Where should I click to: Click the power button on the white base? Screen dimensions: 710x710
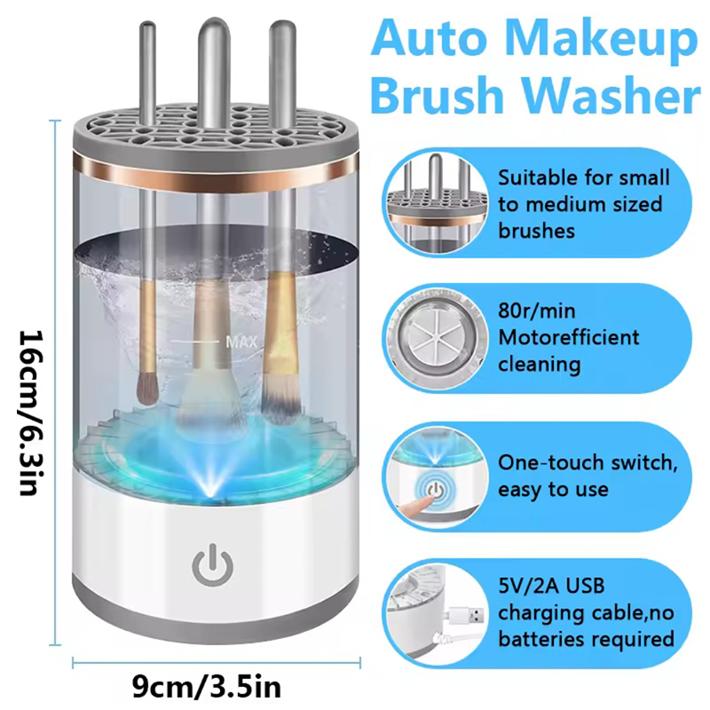click(212, 564)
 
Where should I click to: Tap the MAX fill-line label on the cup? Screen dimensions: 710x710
click(241, 342)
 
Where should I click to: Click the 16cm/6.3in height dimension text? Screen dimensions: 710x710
click(31, 413)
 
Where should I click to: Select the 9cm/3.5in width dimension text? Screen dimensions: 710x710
click(207, 687)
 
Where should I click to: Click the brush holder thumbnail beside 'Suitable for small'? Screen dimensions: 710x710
click(435, 202)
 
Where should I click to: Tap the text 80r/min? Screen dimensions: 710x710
click(537, 312)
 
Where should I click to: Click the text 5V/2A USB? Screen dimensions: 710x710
click(551, 586)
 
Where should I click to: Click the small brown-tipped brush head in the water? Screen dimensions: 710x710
click(146, 389)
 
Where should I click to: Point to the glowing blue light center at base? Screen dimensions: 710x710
click(212, 486)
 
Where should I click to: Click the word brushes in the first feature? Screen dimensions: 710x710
click(536, 231)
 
